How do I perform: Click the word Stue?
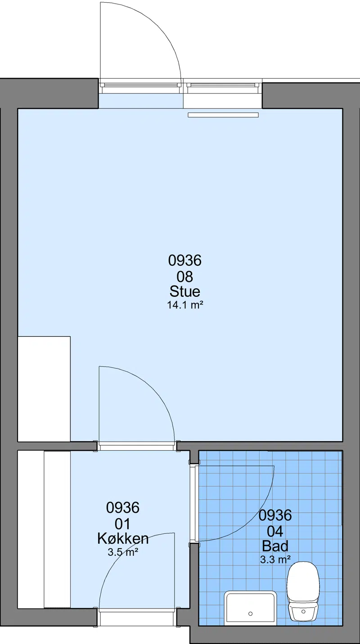[x=185, y=291]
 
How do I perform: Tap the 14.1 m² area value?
[x=185, y=305]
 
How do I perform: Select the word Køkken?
[x=123, y=538]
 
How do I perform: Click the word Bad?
[x=275, y=546]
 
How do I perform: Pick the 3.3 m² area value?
[x=275, y=559]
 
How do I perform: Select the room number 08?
[x=185, y=277]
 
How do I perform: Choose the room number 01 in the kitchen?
[x=122, y=524]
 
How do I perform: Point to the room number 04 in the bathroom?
[x=275, y=532]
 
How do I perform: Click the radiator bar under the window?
[x=223, y=115]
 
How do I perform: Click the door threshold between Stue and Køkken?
[x=137, y=447]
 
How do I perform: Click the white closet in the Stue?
[x=44, y=389]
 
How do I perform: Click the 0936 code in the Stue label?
[x=185, y=260]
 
